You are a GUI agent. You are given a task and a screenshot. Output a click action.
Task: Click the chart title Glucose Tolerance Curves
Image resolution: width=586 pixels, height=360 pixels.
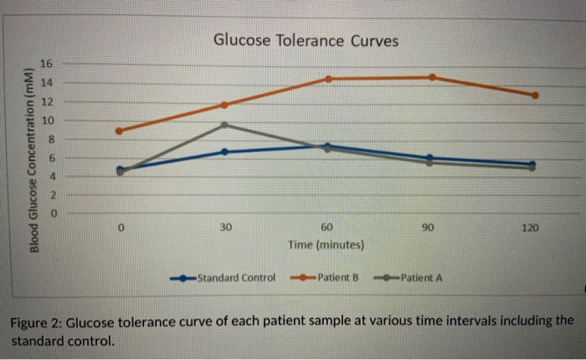(x=306, y=40)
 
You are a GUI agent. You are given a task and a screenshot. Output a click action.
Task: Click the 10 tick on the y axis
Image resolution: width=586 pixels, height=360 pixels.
(x=48, y=120)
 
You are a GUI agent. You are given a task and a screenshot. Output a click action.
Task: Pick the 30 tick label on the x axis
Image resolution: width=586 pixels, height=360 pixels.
(x=224, y=228)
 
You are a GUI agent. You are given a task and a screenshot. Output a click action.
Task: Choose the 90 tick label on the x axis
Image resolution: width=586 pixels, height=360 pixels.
(x=429, y=228)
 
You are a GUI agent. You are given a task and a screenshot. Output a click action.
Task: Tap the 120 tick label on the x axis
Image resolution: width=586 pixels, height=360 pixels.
(x=531, y=228)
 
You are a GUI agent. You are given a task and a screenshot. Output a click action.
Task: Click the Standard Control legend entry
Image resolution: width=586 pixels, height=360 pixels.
(x=234, y=278)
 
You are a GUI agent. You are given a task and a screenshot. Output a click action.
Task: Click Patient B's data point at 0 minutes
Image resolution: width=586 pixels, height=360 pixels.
(x=120, y=131)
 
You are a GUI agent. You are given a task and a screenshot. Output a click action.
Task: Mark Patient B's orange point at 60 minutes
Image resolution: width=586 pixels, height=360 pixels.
(x=327, y=79)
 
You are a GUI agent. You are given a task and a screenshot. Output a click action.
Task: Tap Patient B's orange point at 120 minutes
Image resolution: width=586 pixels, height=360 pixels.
(x=535, y=95)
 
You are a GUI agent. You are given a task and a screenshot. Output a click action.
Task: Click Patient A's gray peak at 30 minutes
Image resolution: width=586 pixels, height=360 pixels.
(x=224, y=125)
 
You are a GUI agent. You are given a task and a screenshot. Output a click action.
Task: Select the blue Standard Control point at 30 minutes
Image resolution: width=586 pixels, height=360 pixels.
(x=224, y=152)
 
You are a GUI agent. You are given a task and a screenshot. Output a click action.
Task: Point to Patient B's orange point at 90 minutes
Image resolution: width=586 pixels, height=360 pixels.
(x=432, y=77)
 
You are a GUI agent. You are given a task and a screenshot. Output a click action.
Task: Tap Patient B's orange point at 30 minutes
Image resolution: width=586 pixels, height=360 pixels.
(x=224, y=105)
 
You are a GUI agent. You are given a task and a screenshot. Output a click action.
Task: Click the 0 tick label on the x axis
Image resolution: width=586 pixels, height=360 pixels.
(x=121, y=228)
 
